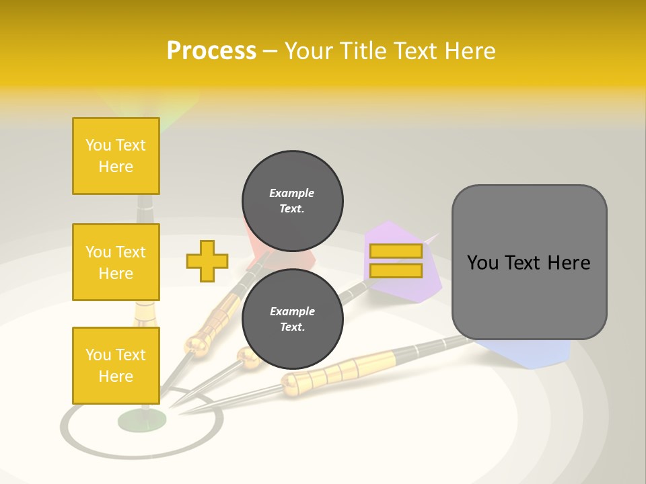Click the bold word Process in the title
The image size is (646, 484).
(211, 51)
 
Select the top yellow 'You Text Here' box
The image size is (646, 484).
(116, 156)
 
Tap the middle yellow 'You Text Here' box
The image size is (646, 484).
(116, 262)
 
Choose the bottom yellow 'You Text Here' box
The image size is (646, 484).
(116, 365)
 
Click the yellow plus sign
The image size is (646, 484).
(207, 261)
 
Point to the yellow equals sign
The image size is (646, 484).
(396, 261)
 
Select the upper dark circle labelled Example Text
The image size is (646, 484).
(293, 200)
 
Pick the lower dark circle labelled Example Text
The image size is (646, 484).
(293, 319)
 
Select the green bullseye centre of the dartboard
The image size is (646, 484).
(141, 420)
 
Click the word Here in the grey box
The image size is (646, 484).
(569, 263)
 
